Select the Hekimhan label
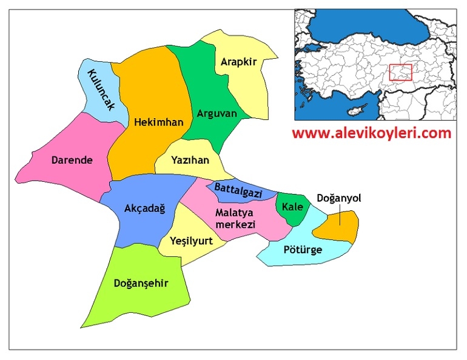coord(158,122)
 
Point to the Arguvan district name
coord(216,113)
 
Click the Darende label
coord(72,161)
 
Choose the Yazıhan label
coord(190,161)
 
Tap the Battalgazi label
coord(238,191)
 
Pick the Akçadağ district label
coord(144,208)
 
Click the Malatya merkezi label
coord(235,218)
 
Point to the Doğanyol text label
coord(339,198)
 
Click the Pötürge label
coord(303,250)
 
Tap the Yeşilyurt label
coord(192,241)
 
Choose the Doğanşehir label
coord(141,282)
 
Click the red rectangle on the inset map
coord(400,72)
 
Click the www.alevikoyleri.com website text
coord(372,133)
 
